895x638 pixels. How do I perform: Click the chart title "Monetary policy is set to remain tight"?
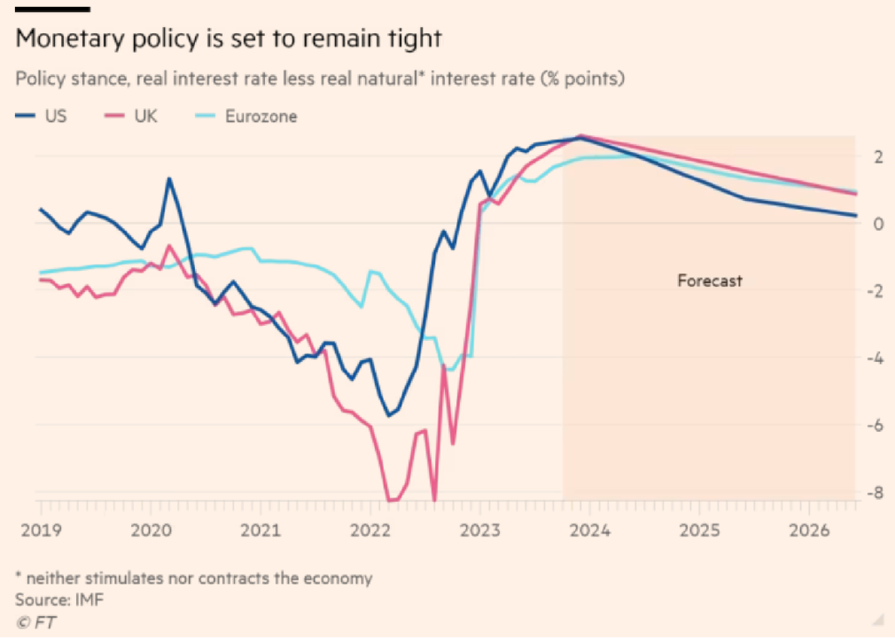pos(228,39)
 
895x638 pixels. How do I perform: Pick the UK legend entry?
pos(145,116)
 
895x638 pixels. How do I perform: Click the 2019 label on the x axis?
pos(39,529)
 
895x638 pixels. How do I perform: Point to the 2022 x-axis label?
pos(369,529)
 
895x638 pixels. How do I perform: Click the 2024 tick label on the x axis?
pos(589,529)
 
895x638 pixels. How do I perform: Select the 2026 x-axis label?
pos(808,529)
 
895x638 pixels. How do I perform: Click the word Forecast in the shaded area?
pos(709,281)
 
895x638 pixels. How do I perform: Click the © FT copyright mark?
pos(35,622)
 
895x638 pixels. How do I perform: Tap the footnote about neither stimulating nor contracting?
pos(193,579)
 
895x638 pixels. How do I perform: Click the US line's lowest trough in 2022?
pos(388,415)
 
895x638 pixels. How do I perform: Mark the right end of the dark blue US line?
pos(856,215)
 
